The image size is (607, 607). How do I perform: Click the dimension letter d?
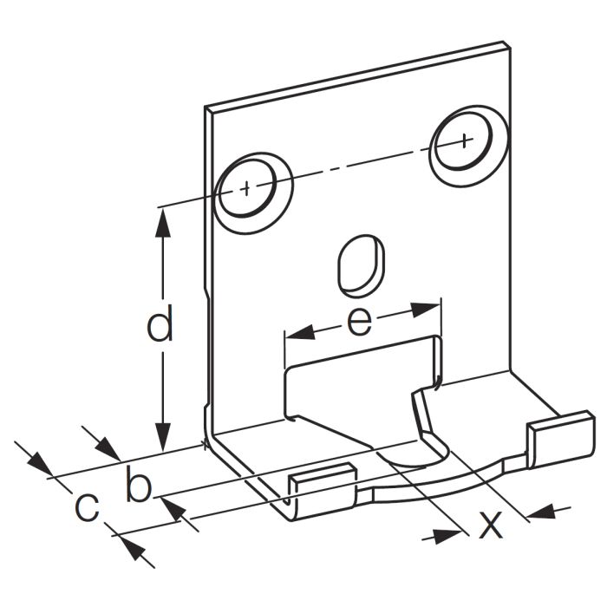pyautogui.click(x=160, y=326)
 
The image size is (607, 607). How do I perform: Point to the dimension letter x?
pyautogui.click(x=491, y=523)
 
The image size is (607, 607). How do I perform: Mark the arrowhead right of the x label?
pyautogui.click(x=540, y=511)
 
